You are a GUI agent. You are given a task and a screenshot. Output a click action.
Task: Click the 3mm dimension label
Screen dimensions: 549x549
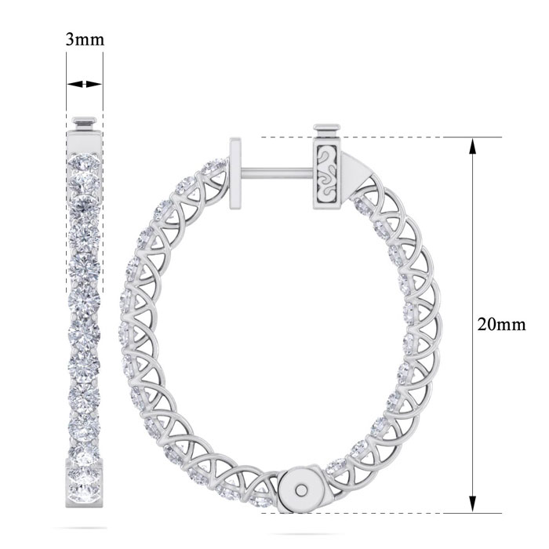tap(85, 39)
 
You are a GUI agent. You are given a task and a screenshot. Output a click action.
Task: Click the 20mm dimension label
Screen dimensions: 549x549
tap(501, 325)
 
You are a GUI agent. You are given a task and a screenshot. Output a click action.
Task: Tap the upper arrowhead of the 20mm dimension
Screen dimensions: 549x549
tap(473, 146)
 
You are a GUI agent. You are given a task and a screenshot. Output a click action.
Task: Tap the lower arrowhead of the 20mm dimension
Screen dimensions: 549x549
tap(473, 504)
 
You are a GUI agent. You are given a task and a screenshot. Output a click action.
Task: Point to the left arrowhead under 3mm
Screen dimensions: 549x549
tap(75, 84)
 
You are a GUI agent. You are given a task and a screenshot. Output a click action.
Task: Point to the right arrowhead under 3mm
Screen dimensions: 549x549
tap(94, 84)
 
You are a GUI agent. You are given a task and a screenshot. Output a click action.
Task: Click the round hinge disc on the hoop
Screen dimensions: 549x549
tap(300, 489)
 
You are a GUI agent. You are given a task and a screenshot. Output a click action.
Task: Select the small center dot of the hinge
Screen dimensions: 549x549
tap(300, 489)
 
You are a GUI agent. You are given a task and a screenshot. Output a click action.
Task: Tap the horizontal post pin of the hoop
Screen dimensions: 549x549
tap(277, 173)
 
